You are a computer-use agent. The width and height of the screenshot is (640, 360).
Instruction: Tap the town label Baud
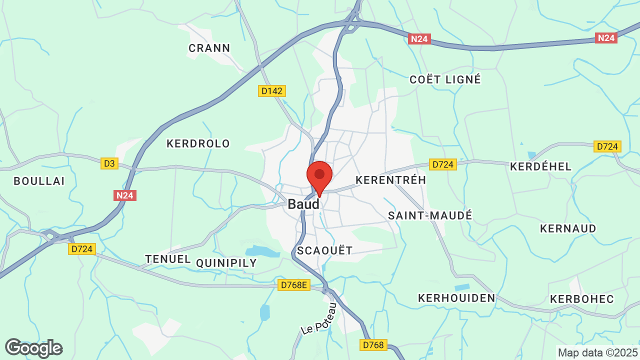click(x=303, y=204)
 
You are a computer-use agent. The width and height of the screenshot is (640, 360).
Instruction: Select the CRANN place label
click(x=209, y=48)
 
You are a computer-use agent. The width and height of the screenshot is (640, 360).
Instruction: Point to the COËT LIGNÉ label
click(x=445, y=79)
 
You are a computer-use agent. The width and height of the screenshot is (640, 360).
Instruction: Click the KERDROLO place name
click(x=198, y=143)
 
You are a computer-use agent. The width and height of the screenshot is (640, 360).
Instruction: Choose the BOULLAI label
click(x=39, y=181)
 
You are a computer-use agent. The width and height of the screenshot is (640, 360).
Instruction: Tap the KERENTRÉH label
click(x=390, y=179)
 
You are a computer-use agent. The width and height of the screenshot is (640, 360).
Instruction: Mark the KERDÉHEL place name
click(x=540, y=166)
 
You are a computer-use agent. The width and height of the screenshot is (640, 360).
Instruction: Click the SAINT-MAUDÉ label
click(x=430, y=215)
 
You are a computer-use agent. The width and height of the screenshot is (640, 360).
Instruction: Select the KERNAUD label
click(x=568, y=228)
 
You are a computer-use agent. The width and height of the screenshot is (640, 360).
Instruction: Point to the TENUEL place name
click(x=168, y=259)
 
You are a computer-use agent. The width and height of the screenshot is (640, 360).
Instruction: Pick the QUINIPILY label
click(x=226, y=263)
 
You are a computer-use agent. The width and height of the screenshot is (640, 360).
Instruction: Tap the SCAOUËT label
click(x=324, y=250)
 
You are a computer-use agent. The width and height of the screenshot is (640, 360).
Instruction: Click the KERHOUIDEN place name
click(x=456, y=298)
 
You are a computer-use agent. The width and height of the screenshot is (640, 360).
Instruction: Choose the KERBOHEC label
click(x=581, y=299)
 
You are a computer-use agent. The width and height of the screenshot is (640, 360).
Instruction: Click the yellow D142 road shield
click(x=272, y=91)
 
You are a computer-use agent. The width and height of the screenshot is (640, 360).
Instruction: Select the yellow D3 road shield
click(x=109, y=163)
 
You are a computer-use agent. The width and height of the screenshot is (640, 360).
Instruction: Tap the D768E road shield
click(x=294, y=285)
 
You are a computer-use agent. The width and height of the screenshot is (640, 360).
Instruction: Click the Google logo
click(x=33, y=348)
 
